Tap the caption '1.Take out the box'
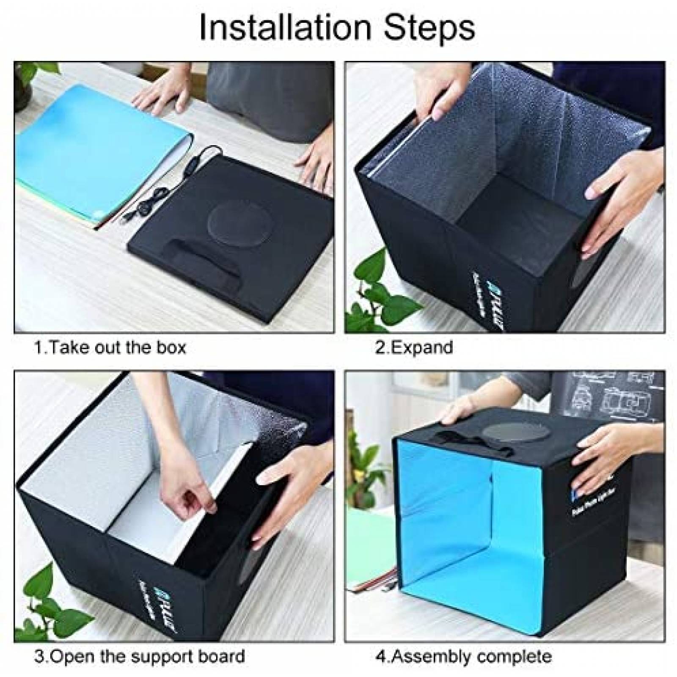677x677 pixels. click(x=110, y=348)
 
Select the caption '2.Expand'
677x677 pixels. click(x=414, y=348)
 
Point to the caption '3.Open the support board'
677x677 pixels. click(x=140, y=656)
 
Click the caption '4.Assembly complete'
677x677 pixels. click(x=463, y=656)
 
